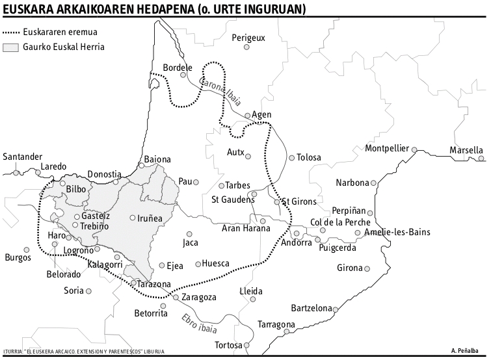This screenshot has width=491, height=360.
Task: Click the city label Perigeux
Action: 249,38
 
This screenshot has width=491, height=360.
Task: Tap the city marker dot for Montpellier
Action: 414,149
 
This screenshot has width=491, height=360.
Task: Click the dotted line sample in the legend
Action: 11,32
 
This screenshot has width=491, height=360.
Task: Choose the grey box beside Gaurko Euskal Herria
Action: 11,47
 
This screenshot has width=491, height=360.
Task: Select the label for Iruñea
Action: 150,218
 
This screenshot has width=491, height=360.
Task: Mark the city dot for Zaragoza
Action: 176,298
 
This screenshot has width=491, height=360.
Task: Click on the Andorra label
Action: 296,243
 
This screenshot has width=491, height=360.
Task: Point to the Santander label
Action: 22,157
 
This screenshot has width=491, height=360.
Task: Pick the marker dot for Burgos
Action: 27,250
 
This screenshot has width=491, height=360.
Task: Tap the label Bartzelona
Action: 312,308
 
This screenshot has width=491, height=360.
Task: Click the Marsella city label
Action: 466,151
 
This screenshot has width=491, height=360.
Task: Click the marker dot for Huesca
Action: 198,264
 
